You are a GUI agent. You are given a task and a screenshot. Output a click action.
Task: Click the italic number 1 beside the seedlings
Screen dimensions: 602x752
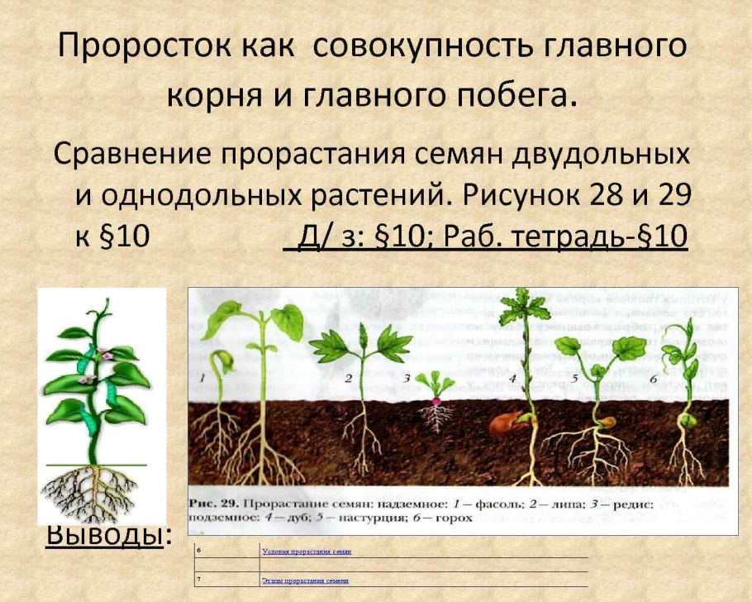(200, 376)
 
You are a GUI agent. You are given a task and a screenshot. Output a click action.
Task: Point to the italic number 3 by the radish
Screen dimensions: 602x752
(407, 378)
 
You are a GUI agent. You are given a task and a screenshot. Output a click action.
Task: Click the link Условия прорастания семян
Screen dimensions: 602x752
(307, 550)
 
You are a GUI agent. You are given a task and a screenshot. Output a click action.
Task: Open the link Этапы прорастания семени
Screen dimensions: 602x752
(305, 580)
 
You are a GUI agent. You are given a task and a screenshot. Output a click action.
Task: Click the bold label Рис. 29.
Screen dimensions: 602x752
(215, 504)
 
